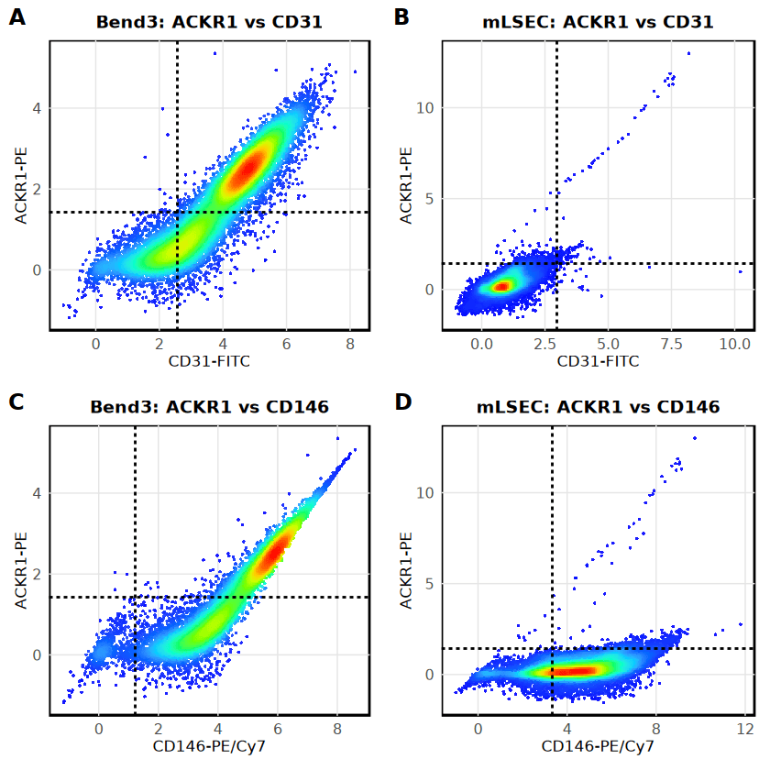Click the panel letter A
pos(17,16)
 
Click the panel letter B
pos(401,16)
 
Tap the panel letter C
pos(17,401)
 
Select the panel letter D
pos(402,401)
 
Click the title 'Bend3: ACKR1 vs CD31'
pos(209,21)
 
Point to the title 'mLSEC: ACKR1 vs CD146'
pos(601,406)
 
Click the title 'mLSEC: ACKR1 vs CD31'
pos(598,21)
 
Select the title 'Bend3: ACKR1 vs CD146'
pos(209,406)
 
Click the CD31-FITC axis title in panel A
pos(209,362)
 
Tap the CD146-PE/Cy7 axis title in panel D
pos(598,747)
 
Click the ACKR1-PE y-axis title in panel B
pos(406,185)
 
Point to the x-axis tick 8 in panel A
pos(350,343)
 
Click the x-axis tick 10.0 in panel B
pos(734,343)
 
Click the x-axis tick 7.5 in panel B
pos(671,343)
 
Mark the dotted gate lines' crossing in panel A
pos(177,213)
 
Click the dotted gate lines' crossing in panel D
pos(552,649)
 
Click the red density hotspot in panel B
pos(500,286)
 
